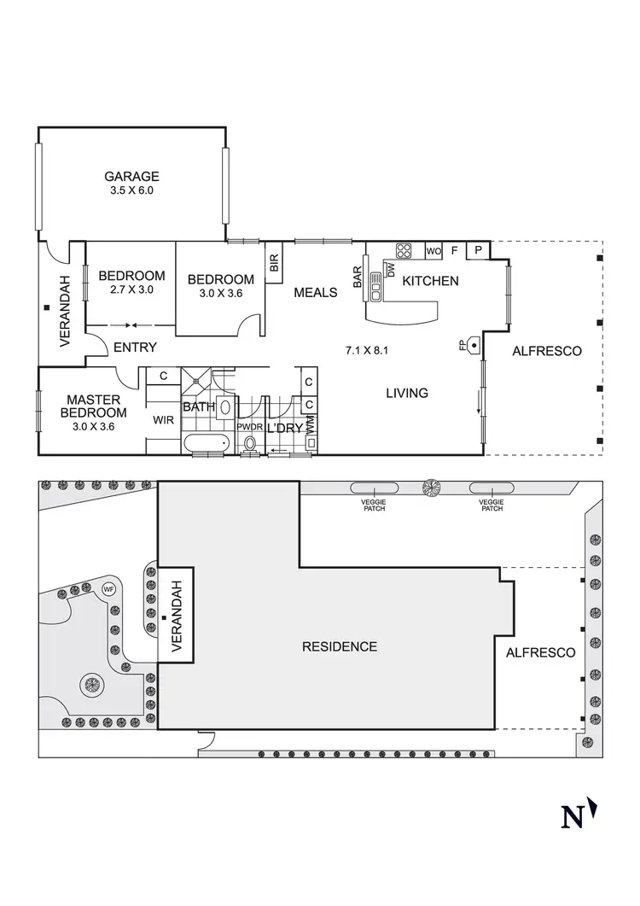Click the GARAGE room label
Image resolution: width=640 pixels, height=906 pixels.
pyautogui.click(x=131, y=177)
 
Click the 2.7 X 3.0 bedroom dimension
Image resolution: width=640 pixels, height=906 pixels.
pyautogui.click(x=131, y=290)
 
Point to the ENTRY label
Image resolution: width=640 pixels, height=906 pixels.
pyautogui.click(x=135, y=347)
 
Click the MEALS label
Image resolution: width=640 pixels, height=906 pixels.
pyautogui.click(x=316, y=293)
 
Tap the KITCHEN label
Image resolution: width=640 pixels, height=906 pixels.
pyautogui.click(x=430, y=281)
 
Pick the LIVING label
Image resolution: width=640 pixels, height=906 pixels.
pyautogui.click(x=406, y=393)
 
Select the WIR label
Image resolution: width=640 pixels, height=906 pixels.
pyautogui.click(x=163, y=420)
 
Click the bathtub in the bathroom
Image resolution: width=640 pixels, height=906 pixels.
pyautogui.click(x=206, y=442)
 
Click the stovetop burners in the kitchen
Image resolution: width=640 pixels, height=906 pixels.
pyautogui.click(x=404, y=251)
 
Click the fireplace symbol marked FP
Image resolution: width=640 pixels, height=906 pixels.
pyautogui.click(x=472, y=345)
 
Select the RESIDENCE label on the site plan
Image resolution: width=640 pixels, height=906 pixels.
pyautogui.click(x=340, y=646)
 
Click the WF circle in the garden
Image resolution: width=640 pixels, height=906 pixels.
pyautogui.click(x=108, y=588)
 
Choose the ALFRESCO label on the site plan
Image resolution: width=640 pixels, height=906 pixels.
pyautogui.click(x=540, y=652)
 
